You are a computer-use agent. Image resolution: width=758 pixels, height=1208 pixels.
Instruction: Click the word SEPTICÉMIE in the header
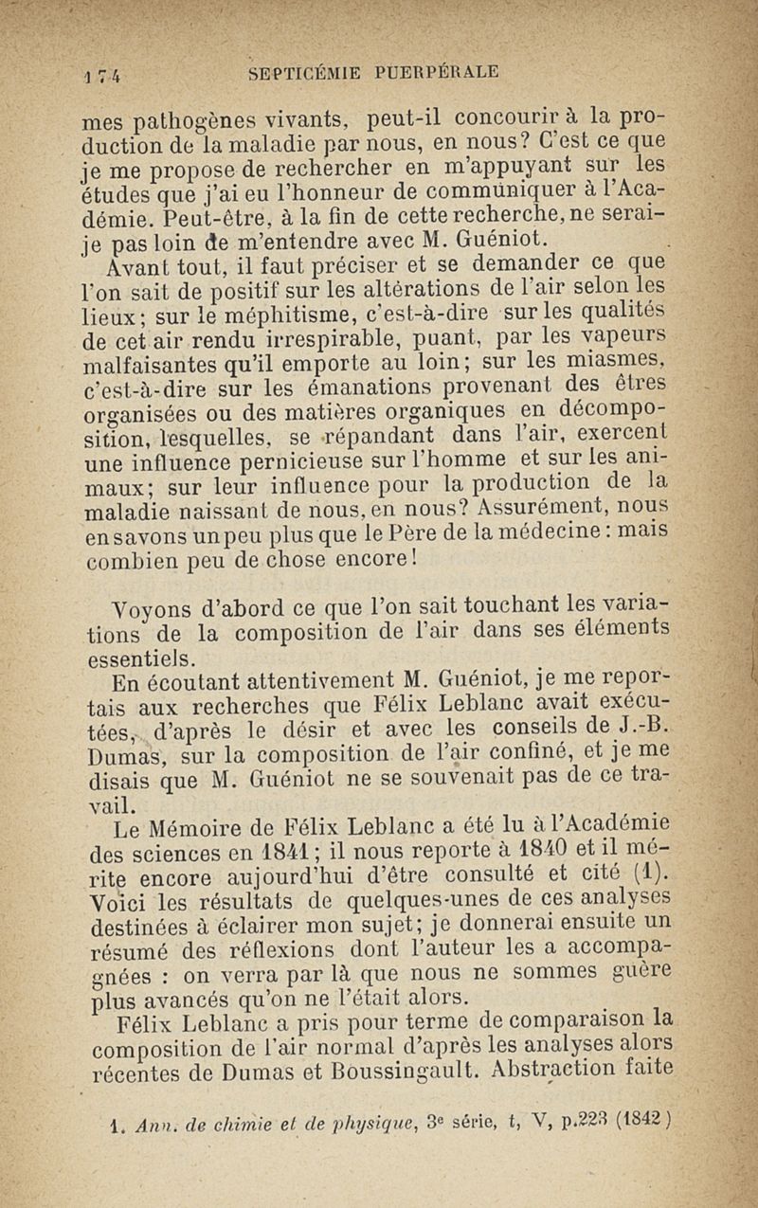pyautogui.click(x=296, y=72)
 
